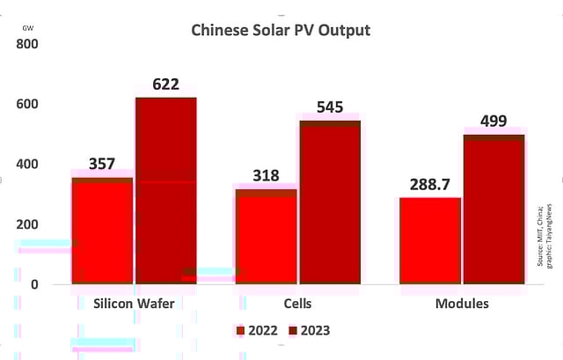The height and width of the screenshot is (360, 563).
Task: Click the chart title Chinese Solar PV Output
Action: point(281,30)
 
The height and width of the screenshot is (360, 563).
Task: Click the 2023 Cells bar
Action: point(330,202)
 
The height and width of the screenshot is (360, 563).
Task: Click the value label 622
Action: point(165,84)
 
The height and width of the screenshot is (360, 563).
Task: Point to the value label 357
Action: point(103,164)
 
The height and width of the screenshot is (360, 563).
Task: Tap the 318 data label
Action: point(266,175)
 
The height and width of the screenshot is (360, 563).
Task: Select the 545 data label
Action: point(330,107)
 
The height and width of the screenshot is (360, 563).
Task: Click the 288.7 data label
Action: point(430,185)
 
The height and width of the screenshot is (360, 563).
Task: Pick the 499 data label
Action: point(494,121)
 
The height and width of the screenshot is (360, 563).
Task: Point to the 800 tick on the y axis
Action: point(26,44)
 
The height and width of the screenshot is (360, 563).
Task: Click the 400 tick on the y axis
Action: point(26,165)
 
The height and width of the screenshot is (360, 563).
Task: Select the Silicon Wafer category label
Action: point(134,304)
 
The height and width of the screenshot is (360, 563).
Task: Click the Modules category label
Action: point(462,304)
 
